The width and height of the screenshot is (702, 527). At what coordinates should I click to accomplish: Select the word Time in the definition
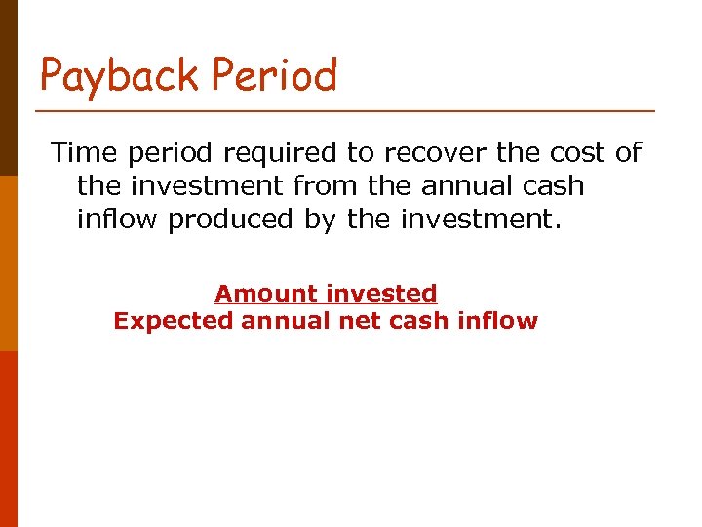[x=82, y=152]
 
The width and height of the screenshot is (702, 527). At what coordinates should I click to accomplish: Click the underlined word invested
[x=381, y=293]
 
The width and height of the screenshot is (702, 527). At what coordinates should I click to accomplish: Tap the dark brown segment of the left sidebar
[x=8, y=88]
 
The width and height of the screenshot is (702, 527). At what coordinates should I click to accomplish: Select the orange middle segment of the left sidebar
[x=8, y=263]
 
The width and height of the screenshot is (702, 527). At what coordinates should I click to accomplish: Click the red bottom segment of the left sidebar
[x=8, y=439]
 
